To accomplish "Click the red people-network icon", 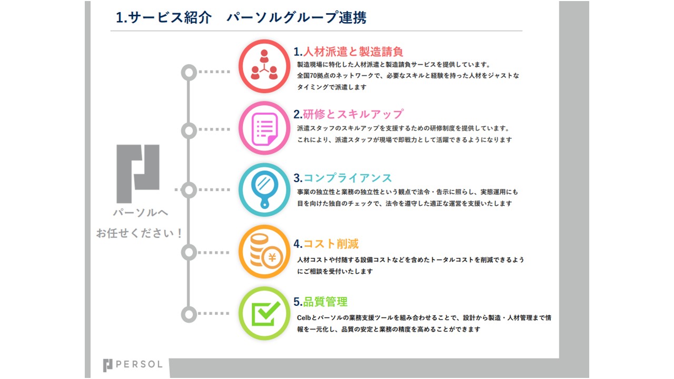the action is (264, 66).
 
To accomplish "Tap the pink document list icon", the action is (264, 128).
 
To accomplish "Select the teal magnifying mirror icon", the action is (264, 190).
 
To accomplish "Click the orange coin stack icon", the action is (264, 252).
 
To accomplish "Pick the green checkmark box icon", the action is (264, 313).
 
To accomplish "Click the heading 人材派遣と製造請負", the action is (353, 52).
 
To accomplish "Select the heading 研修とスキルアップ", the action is (353, 114).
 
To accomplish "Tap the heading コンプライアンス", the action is (348, 178).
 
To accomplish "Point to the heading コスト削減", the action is (331, 244).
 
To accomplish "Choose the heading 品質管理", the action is (325, 302).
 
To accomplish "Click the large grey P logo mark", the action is (138, 174).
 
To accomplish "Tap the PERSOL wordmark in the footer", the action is (139, 364).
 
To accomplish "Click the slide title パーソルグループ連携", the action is (296, 17).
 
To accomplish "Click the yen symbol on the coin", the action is (272, 257).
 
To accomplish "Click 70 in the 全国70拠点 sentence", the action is (313, 75).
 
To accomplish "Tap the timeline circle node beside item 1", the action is (189, 72).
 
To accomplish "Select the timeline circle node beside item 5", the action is (189, 315).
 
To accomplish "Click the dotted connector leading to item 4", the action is (214, 252).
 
